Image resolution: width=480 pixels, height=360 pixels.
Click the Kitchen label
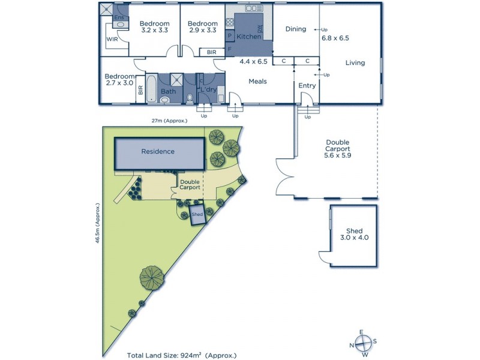[x=248, y=37]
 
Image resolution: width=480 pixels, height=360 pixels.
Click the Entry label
[x=307, y=86]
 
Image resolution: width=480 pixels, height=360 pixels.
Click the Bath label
[x=168, y=92]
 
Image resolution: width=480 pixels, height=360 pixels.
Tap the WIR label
[x=112, y=39]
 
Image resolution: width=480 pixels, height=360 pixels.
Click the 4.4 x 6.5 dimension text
[x=253, y=61]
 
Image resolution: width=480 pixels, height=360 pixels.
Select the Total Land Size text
[x=182, y=355]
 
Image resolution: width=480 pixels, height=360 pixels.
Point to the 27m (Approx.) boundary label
[x=170, y=121]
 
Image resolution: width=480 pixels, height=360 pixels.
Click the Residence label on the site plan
[x=158, y=152]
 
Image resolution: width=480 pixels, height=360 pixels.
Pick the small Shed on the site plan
[x=197, y=215]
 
